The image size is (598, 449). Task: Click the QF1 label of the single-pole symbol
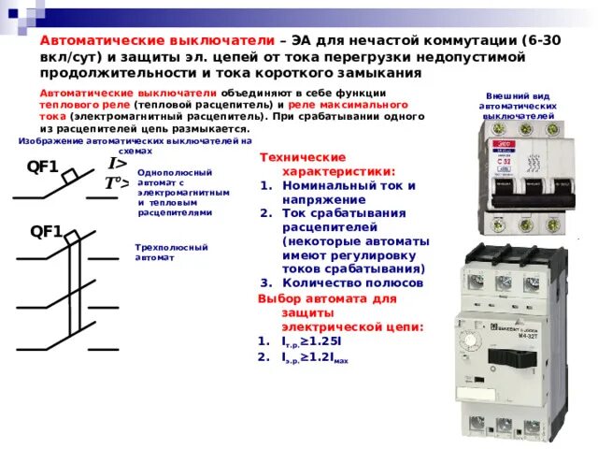(42, 168)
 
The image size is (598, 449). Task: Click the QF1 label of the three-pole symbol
(46, 231)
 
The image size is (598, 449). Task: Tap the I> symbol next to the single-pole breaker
(118, 164)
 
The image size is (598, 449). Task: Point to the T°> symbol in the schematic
(116, 183)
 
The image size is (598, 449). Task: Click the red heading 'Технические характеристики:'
(327, 166)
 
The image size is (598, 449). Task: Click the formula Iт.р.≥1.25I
(311, 340)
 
